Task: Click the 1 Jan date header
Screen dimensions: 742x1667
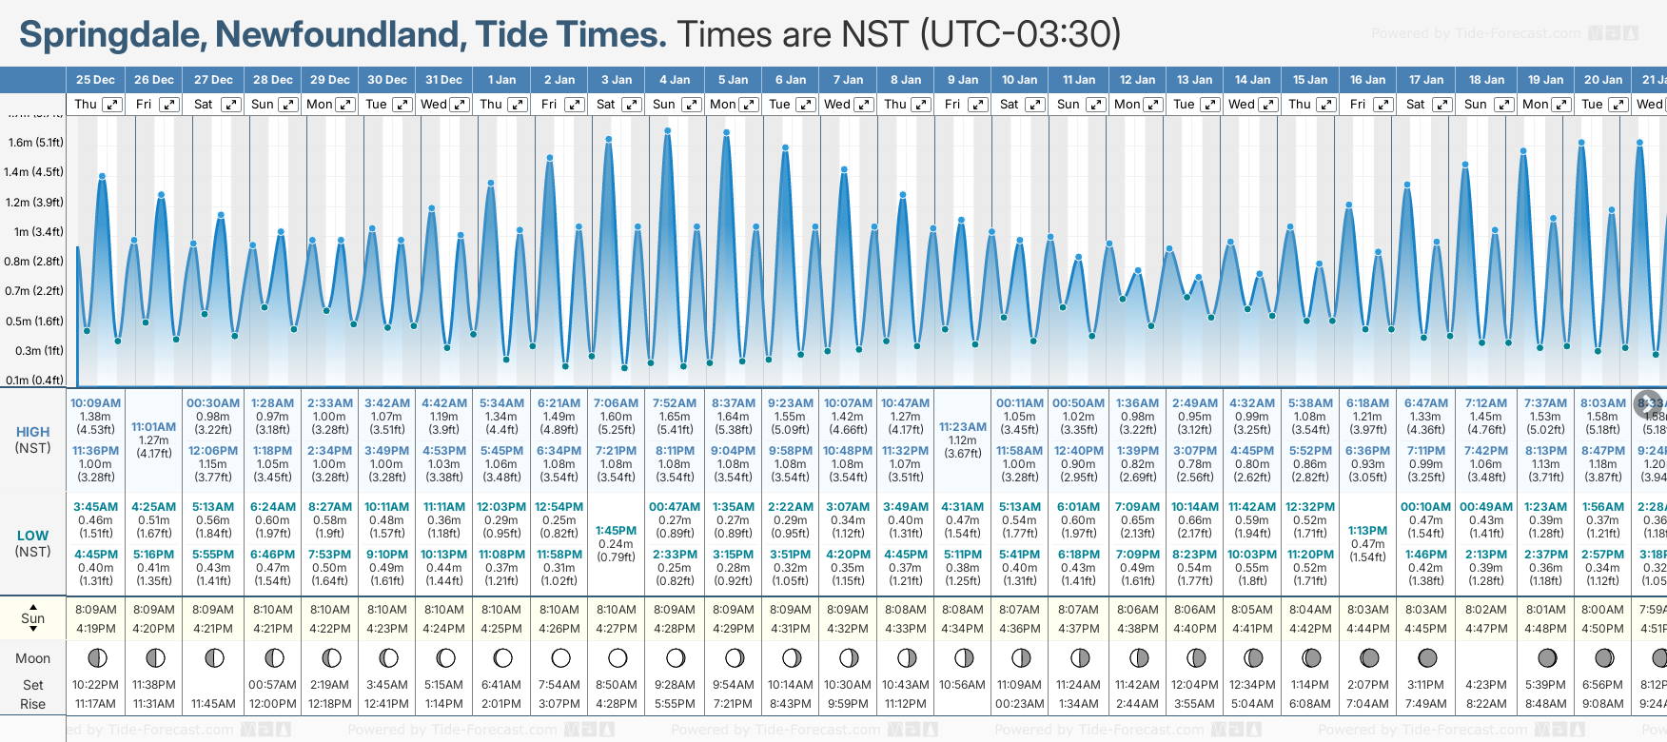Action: (x=501, y=80)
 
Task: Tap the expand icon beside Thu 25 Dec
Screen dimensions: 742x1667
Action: (x=112, y=105)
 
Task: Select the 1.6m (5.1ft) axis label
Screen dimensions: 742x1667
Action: (x=35, y=143)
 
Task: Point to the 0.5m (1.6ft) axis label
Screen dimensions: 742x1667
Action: (x=35, y=322)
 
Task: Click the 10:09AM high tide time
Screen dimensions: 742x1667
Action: (x=95, y=403)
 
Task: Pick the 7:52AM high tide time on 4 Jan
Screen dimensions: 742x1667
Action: (x=674, y=403)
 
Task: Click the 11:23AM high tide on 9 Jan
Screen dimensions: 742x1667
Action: (x=963, y=427)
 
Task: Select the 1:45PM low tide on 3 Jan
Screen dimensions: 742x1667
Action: (x=616, y=531)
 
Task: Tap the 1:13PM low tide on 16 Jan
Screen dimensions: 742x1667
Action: (x=1367, y=531)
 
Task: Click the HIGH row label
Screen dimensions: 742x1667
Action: (x=32, y=432)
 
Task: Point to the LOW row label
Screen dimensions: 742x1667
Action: (x=32, y=536)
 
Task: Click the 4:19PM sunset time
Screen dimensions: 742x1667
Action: (x=95, y=629)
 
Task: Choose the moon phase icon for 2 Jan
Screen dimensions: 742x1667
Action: (x=560, y=657)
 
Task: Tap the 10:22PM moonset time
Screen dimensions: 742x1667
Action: (x=95, y=685)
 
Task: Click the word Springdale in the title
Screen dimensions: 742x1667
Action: (x=108, y=35)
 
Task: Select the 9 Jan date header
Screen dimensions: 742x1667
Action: (x=963, y=80)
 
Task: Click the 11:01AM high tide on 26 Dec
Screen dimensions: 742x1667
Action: (x=154, y=427)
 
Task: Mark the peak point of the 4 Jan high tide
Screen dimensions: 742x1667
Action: (x=668, y=130)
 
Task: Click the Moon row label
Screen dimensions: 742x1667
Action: (x=32, y=658)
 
